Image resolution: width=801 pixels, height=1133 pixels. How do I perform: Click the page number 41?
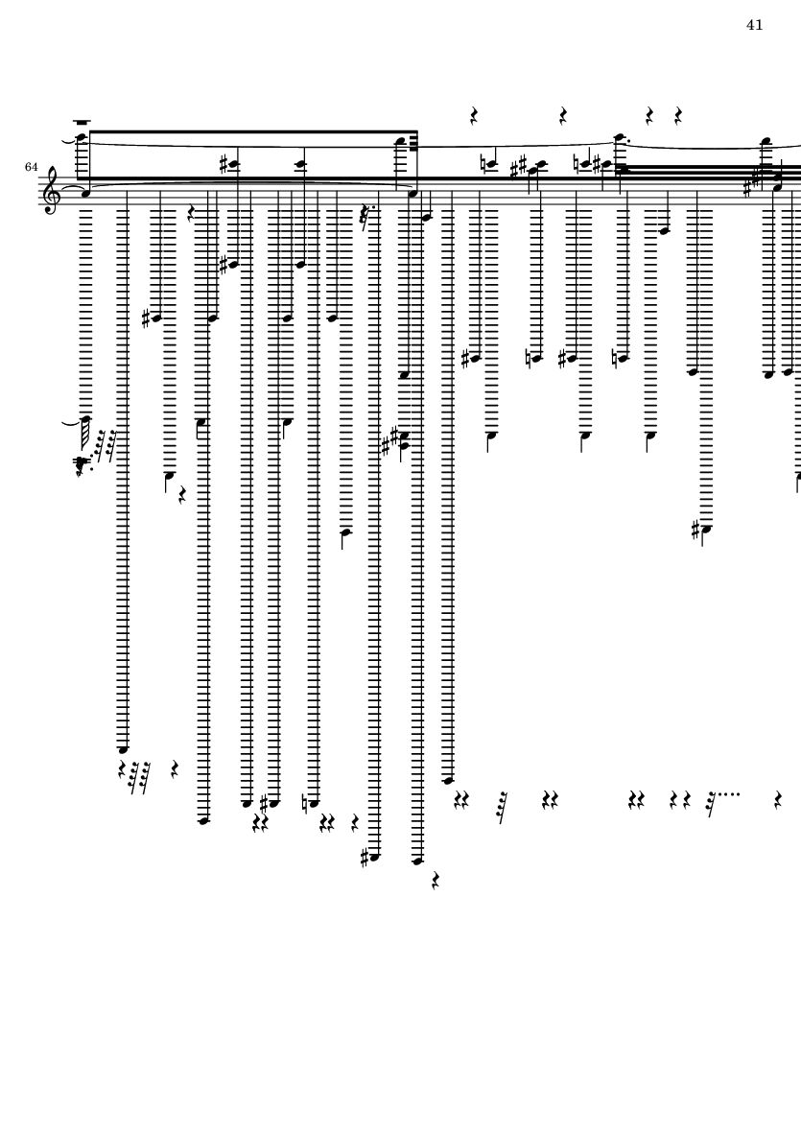point(754,25)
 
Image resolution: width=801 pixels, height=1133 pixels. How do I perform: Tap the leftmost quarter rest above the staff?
point(474,117)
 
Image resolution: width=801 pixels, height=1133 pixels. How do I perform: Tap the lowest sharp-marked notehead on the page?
point(372,857)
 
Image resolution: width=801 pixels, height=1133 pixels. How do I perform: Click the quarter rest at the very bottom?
point(436,880)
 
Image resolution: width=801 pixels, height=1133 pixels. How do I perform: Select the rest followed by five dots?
point(711,798)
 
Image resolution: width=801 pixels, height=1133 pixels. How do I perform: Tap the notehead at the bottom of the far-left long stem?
point(123,748)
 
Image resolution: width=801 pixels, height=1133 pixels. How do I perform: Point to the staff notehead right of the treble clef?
point(84,192)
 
